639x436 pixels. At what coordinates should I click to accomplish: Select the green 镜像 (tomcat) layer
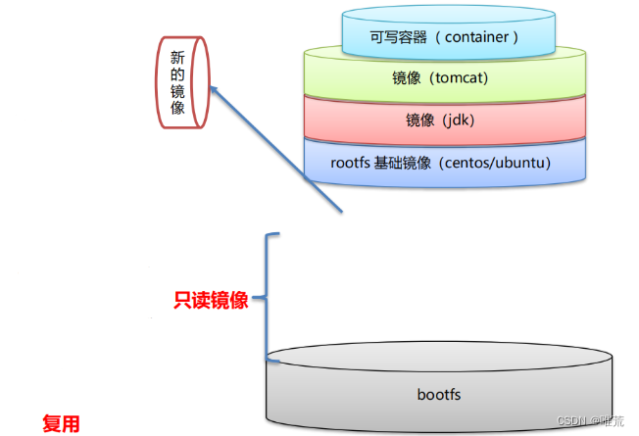point(447,78)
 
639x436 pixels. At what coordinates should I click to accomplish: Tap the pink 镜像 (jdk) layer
point(447,121)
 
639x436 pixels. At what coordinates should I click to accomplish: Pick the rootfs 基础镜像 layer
point(447,163)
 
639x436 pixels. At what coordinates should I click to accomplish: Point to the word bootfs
point(439,394)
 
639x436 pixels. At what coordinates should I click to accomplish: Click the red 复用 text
point(60,423)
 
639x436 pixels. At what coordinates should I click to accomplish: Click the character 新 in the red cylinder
point(177,57)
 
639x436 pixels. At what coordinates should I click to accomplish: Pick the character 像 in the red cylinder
point(177,108)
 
